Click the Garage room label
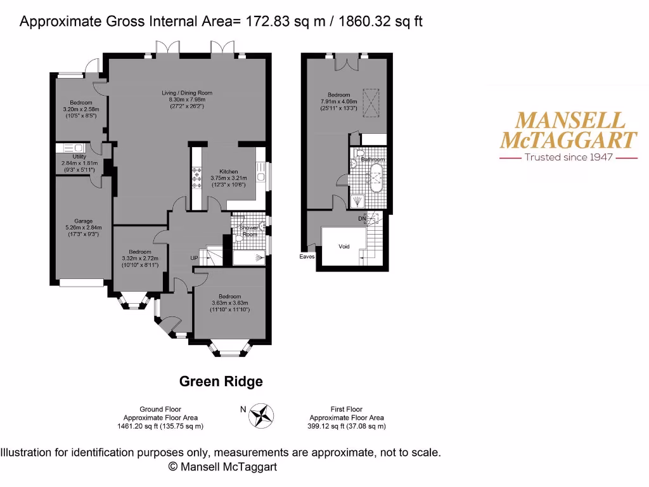click(x=79, y=221)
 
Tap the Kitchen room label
click(x=228, y=172)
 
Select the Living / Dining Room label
click(x=186, y=93)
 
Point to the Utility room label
click(x=79, y=156)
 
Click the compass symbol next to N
click(x=261, y=415)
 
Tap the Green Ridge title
click(x=221, y=382)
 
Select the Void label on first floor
click(x=344, y=247)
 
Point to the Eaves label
click(x=307, y=257)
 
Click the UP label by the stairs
click(x=194, y=258)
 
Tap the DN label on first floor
click(x=362, y=219)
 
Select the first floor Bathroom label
click(x=373, y=160)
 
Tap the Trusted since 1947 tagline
click(x=568, y=157)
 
